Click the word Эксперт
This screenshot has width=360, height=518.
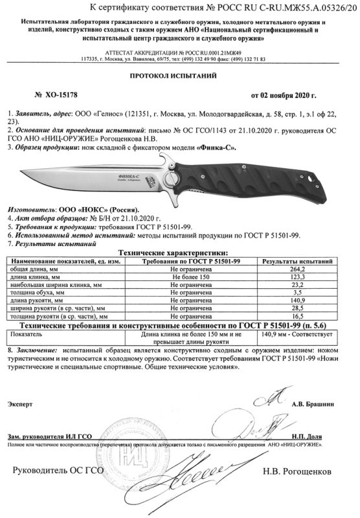(x=20, y=405)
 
